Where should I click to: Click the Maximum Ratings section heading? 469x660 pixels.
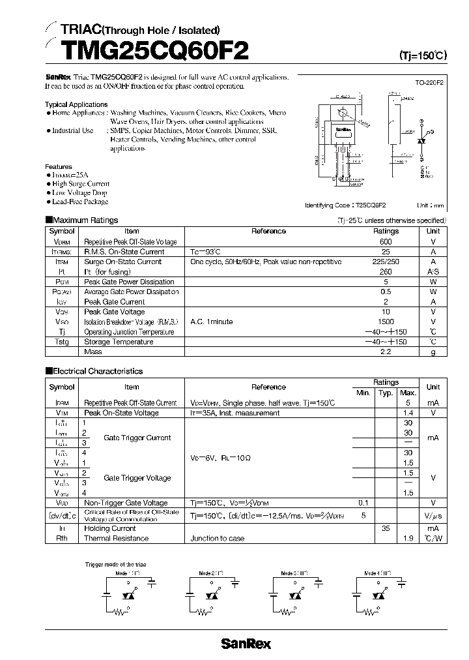point(85,220)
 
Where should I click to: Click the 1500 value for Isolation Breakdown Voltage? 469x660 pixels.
point(386,322)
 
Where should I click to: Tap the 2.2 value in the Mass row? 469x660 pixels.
point(386,352)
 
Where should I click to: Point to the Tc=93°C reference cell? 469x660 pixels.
point(206,252)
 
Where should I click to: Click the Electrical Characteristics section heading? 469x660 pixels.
point(97,371)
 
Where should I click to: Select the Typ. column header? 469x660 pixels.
point(386,393)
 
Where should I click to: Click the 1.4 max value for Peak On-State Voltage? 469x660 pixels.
point(408,413)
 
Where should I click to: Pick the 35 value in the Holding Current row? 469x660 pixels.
point(386,528)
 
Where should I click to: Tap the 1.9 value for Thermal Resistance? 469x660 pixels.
point(408,538)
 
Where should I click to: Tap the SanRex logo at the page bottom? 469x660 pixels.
point(246,644)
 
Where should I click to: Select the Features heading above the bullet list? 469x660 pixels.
point(59,166)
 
